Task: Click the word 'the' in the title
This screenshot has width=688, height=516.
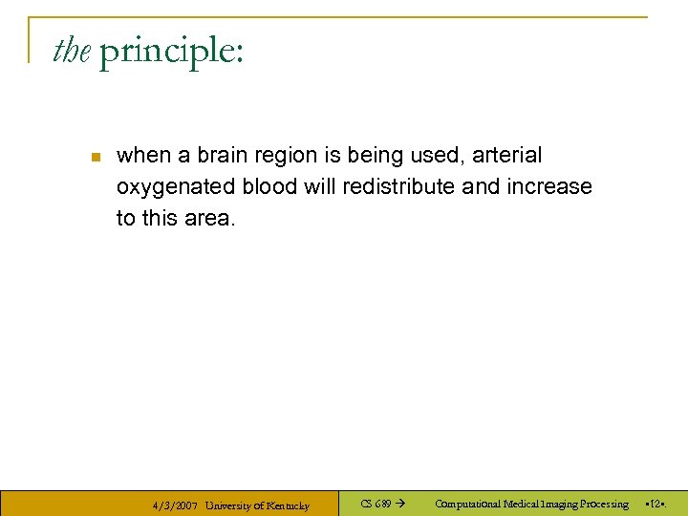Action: pyautogui.click(x=71, y=51)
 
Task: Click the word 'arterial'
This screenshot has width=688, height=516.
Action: pyautogui.click(x=506, y=155)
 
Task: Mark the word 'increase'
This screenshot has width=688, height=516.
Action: pyautogui.click(x=548, y=186)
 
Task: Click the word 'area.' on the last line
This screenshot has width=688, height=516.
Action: pyautogui.click(x=211, y=218)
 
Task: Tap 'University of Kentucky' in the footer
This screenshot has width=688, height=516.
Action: pyautogui.click(x=257, y=505)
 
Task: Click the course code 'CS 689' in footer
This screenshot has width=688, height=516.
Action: pyautogui.click(x=376, y=504)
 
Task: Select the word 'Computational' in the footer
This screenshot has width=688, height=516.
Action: pyautogui.click(x=467, y=504)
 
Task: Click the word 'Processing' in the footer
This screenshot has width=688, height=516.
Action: pyautogui.click(x=600, y=504)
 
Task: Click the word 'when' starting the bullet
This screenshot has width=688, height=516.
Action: pyautogui.click(x=139, y=155)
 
